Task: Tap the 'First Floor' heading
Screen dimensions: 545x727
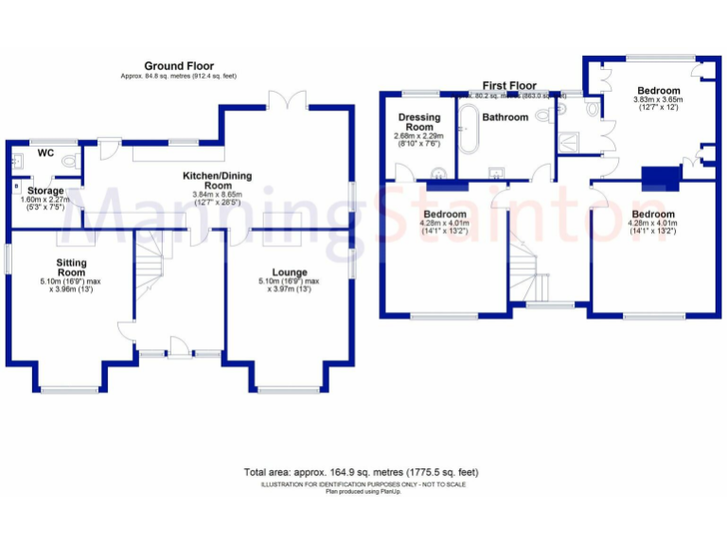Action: coord(509,85)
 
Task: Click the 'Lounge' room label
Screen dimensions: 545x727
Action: coord(289,272)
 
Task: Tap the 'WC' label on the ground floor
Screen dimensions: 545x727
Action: coord(45,152)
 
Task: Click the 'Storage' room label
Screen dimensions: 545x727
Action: coord(45,191)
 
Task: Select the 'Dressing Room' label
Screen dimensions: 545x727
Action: coord(417,122)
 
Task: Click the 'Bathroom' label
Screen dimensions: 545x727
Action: coord(505,117)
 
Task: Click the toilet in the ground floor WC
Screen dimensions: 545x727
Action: coord(70,162)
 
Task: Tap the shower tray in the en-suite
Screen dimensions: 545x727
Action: coord(572,142)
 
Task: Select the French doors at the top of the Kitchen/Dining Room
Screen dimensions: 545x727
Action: coord(287,100)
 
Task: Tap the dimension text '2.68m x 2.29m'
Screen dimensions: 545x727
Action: coord(417,136)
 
